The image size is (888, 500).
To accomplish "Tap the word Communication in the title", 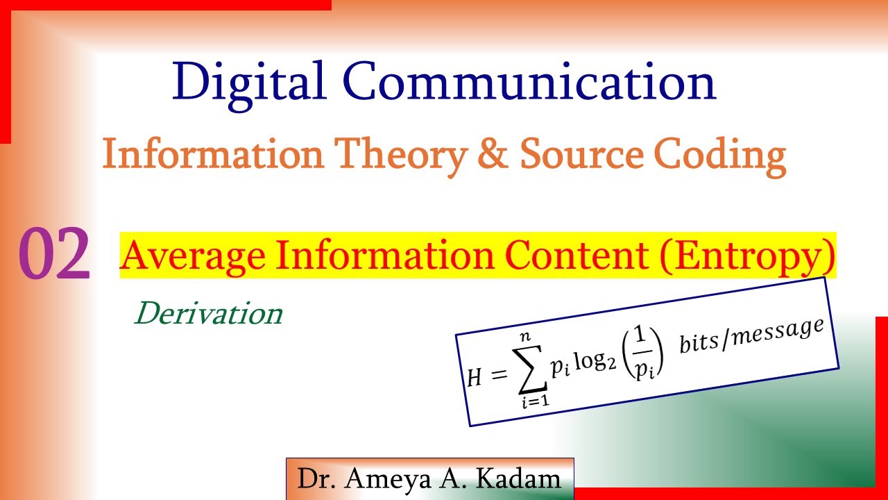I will click(x=529, y=82).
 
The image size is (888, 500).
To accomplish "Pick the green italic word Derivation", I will click(x=209, y=314).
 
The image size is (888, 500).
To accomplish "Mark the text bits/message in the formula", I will click(x=753, y=335).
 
